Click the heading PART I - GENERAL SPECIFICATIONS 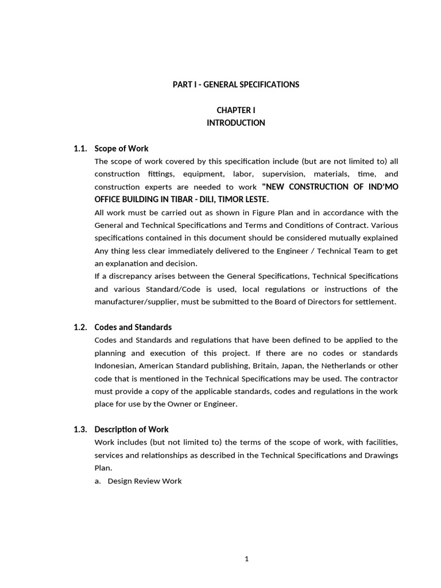236,84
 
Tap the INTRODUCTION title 236,123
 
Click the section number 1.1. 80,149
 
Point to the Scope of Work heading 121,149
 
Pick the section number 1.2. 80,327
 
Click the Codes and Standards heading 133,327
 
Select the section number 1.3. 80,430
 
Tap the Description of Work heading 131,430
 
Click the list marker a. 98,481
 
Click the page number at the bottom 246,559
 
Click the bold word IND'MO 381,187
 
